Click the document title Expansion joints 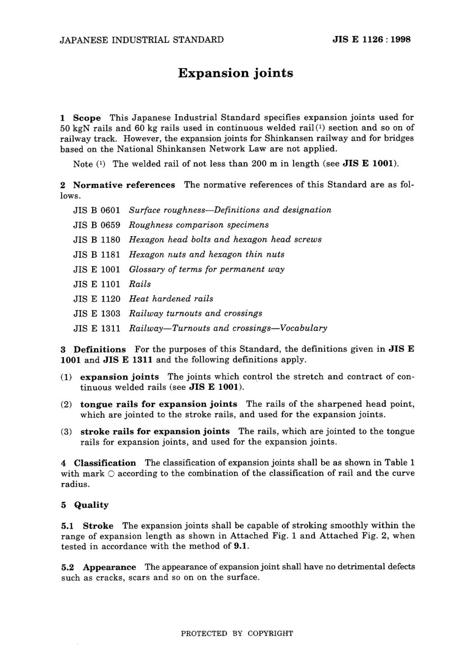click(235, 73)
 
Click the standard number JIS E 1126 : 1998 click(371, 39)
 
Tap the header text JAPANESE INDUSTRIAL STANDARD click(141, 39)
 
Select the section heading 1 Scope click(81, 118)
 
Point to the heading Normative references click(124, 185)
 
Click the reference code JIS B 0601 click(97, 210)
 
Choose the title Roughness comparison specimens click(199, 225)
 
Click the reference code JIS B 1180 click(97, 240)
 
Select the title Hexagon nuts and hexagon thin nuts click(206, 254)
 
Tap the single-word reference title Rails click(140, 284)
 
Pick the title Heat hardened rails click(171, 299)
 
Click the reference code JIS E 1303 click(97, 313)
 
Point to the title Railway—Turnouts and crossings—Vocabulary click(228, 328)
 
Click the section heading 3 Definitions click(94, 349)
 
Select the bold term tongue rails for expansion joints click(159, 404)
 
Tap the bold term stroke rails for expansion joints click(155, 431)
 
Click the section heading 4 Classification click(99, 463)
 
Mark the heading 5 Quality click(85, 505)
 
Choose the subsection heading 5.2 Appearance click(99, 567)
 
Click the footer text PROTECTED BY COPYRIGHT click(237, 633)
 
